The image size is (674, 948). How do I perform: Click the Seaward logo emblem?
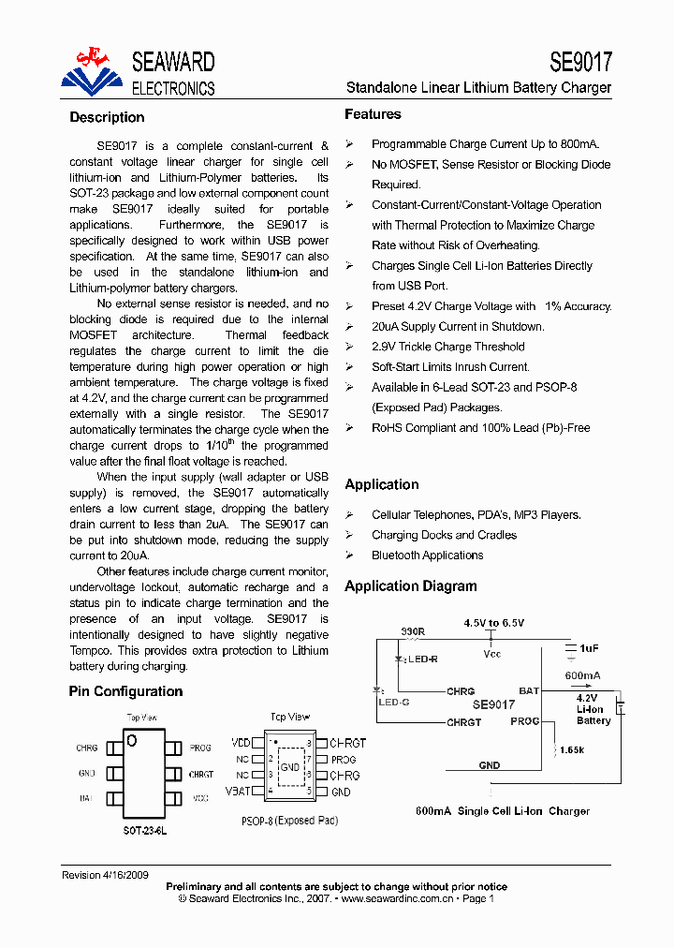(92, 71)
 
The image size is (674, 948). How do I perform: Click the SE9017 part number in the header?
(580, 62)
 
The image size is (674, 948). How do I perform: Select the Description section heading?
(107, 118)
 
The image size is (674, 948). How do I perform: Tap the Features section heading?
(373, 114)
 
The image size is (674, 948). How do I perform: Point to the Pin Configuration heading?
(125, 691)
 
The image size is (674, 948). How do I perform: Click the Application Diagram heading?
(411, 586)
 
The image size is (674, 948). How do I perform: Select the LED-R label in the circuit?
(422, 659)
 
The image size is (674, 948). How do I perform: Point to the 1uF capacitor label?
(589, 648)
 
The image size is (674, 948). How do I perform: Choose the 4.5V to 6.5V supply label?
(494, 623)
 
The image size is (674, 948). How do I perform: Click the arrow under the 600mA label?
(582, 688)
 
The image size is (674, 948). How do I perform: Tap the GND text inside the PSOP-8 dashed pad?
(290, 767)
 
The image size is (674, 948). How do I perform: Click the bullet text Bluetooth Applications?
(427, 555)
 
